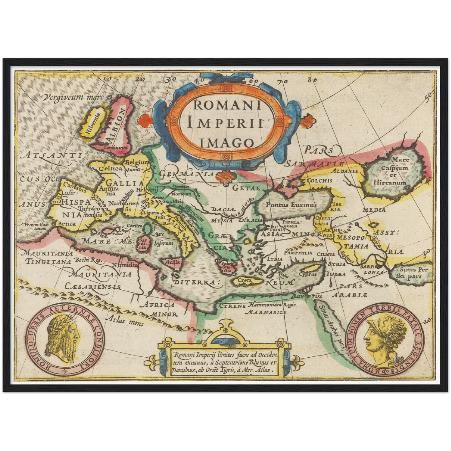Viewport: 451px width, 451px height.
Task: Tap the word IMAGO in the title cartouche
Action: coord(226,143)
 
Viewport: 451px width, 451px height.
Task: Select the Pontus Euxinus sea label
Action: coord(291,205)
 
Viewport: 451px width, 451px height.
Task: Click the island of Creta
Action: coord(245,280)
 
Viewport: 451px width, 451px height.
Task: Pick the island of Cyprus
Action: coord(308,274)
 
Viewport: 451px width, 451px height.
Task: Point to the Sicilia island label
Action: coord(173,262)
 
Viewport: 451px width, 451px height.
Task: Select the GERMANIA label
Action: coord(187,174)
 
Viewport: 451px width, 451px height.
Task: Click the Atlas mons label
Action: coord(124,320)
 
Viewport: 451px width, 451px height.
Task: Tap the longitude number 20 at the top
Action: coord(140,79)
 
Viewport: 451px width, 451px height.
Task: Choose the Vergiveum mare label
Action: coord(73,97)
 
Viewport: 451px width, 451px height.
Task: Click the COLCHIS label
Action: coord(320,180)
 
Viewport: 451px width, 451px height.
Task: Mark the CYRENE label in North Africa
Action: coord(232,306)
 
